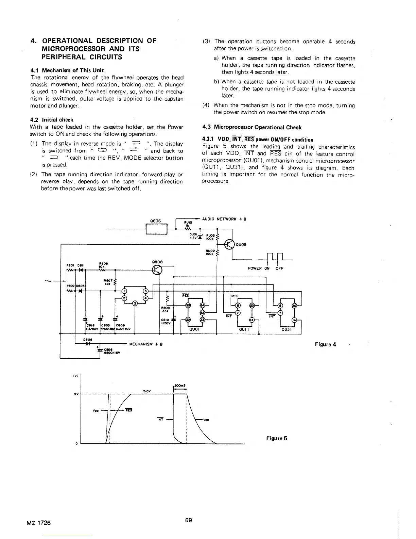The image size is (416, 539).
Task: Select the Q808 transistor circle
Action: pyautogui.click(x=157, y=270)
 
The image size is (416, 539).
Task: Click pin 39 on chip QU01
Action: pyautogui.click(x=188, y=305)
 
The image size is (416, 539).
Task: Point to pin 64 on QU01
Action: pyautogui.click(x=202, y=305)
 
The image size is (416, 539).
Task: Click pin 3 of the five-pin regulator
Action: pyautogui.click(x=135, y=303)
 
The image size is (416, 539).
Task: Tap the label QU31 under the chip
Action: pyautogui.click(x=285, y=329)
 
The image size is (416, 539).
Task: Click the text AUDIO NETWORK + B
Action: pyautogui.click(x=224, y=219)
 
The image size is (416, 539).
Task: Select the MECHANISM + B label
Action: pyautogui.click(x=146, y=344)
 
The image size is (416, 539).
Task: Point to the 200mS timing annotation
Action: pyautogui.click(x=179, y=385)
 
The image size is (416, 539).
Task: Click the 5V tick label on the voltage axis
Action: pyautogui.click(x=76, y=394)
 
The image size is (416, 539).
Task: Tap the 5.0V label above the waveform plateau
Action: pyautogui.click(x=147, y=391)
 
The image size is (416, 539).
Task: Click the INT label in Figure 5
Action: pyautogui.click(x=160, y=419)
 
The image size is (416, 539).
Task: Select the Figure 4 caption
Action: pyautogui.click(x=325, y=344)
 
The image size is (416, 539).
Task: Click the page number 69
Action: pyautogui.click(x=189, y=520)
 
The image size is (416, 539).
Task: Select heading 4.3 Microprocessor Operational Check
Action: pyautogui.click(x=252, y=127)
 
